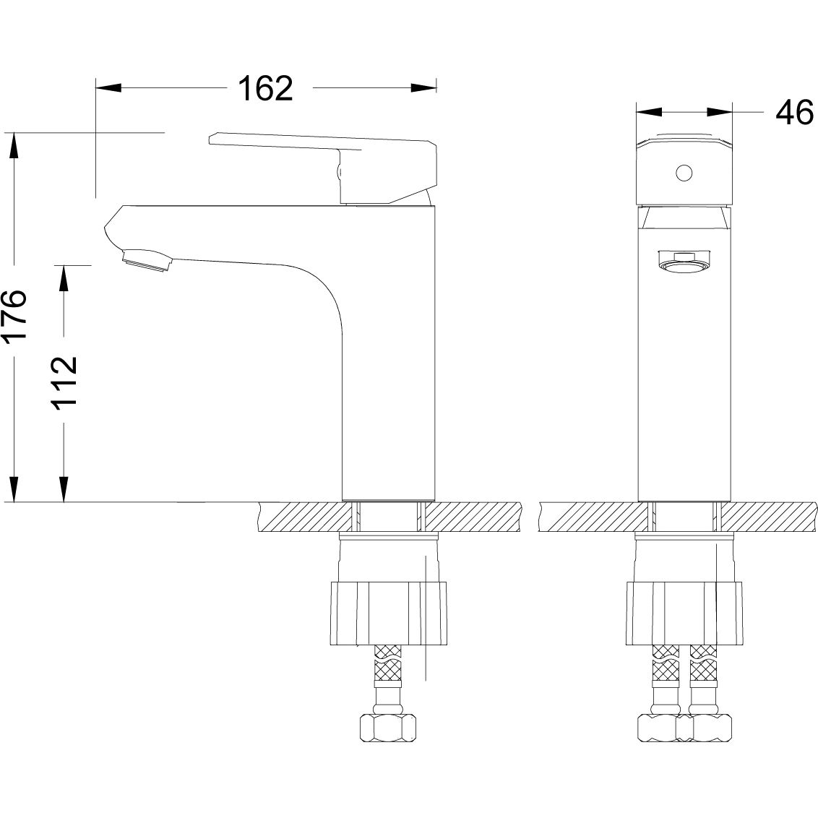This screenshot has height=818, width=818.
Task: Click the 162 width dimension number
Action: [x=265, y=88]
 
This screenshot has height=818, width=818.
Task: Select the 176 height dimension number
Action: [x=15, y=317]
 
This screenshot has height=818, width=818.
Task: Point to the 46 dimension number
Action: [x=794, y=113]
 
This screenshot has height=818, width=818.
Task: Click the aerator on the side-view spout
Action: [x=148, y=260]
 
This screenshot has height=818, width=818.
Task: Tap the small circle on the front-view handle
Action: [x=684, y=173]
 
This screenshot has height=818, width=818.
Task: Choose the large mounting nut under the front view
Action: [x=684, y=613]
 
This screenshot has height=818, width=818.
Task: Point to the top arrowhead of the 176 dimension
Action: [x=13, y=145]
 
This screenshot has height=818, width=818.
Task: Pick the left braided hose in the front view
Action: [x=665, y=672]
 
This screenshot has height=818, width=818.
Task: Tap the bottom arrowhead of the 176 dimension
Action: [x=13, y=489]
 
